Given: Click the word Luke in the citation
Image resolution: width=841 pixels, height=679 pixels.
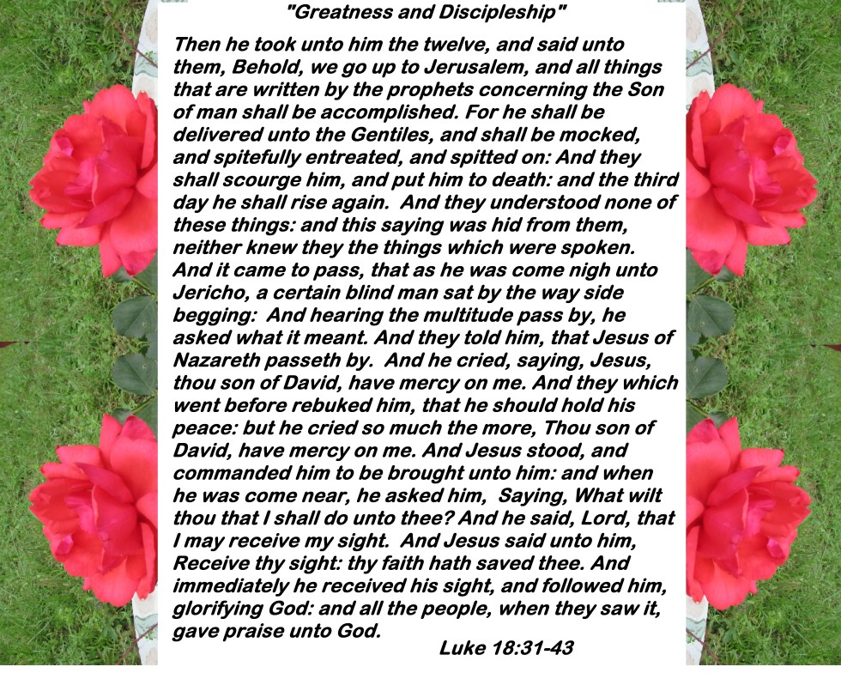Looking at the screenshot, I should click(462, 647).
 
